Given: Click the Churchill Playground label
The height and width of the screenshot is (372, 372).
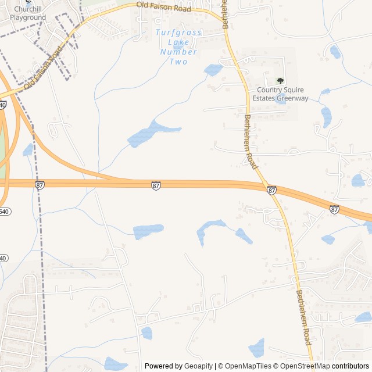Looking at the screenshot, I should point(26,13).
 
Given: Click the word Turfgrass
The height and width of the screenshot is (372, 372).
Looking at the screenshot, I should point(178,33).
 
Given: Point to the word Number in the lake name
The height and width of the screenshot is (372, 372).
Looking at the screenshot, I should point(178,52).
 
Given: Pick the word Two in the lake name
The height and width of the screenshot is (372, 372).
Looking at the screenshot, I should point(178,61).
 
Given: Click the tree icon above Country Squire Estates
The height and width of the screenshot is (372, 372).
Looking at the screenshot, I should point(280,81).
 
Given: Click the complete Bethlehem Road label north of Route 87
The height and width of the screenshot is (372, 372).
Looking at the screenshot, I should point(250,141).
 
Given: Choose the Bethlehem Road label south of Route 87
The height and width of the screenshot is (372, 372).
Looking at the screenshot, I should point(304,317).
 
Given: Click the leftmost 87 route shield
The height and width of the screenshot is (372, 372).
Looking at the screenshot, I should point(40,185).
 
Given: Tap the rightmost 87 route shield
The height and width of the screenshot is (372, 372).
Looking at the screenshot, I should point(334,209).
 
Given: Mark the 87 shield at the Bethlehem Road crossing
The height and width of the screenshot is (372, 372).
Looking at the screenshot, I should point(271,190).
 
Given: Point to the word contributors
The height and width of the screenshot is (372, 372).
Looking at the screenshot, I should point(350,366).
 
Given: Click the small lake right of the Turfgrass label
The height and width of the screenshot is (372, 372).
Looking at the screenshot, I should point(213,70).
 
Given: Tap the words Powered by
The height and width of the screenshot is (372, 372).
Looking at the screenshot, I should point(163,366).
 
